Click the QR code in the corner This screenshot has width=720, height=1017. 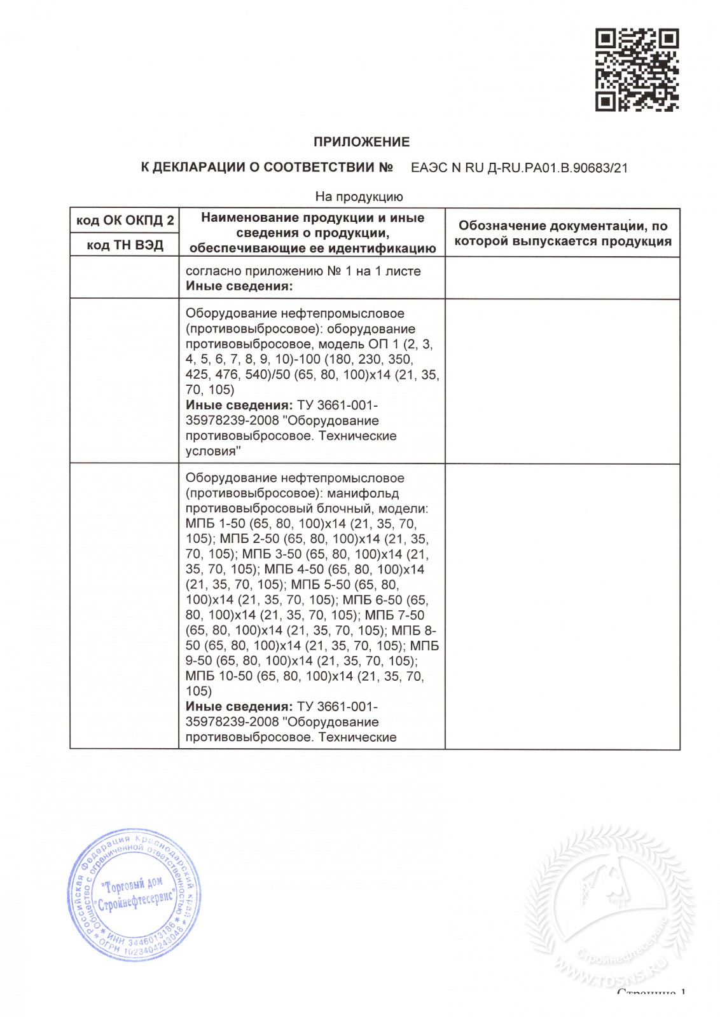click(637, 70)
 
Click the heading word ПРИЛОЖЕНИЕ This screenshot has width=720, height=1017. click(361, 142)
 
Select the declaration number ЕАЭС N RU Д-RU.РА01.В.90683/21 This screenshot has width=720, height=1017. click(519, 168)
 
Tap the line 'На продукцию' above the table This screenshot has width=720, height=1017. click(359, 197)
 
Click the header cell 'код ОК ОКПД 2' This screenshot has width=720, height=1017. click(125, 221)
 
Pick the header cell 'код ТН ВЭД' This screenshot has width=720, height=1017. click(125, 245)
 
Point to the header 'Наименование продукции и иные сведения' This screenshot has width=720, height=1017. click(312, 233)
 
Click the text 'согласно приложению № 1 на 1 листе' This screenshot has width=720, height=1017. click(303, 271)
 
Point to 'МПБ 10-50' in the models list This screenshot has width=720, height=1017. click(219, 676)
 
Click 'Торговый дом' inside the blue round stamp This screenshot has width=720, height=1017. click(134, 885)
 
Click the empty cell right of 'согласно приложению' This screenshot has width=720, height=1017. click(562, 278)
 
